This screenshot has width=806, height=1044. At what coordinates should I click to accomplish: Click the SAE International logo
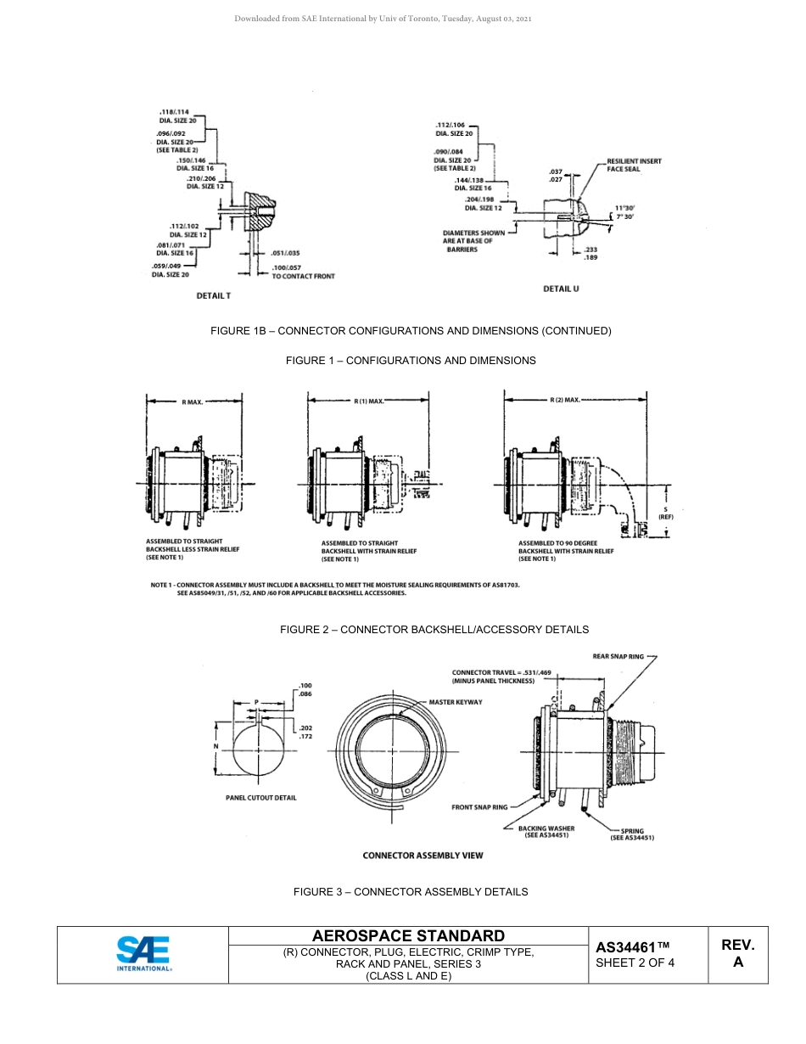point(143,953)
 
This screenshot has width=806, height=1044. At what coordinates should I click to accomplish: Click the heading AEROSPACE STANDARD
point(408,935)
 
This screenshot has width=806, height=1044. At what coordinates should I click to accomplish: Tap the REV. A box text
point(737,953)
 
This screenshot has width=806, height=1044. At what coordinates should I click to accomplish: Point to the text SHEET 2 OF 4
point(635,963)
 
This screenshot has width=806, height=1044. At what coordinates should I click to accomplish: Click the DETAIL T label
point(213,295)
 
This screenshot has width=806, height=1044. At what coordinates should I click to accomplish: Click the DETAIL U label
point(561,289)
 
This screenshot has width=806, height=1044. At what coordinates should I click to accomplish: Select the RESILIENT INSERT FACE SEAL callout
point(634,165)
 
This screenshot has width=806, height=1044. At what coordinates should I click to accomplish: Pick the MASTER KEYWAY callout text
point(455,702)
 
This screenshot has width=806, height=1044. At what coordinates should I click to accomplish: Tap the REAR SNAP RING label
point(618,656)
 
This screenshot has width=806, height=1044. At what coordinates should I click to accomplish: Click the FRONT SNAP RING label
point(479,807)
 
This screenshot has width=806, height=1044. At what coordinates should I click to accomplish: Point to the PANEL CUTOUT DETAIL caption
point(260,798)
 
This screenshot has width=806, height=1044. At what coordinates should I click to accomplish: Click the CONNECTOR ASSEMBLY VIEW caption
point(423,855)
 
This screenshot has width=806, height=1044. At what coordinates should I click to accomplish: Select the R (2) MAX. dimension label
point(564,399)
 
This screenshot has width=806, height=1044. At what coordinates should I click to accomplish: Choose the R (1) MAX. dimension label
point(369,401)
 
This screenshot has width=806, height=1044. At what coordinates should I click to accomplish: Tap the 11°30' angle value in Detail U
point(624,207)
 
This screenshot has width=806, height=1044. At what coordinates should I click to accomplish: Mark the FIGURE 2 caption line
point(434,629)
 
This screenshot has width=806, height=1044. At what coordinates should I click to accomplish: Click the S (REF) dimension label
point(665,513)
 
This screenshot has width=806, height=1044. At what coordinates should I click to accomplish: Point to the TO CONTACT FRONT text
point(303,277)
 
